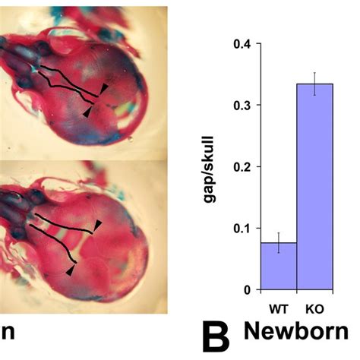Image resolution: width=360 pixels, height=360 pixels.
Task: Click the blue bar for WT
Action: click(278, 267)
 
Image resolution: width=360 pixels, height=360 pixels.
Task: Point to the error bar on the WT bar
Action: click(278, 243)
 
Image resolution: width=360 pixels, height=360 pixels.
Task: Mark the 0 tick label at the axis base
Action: click(247, 290)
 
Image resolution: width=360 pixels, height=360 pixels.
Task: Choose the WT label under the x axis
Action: click(278, 310)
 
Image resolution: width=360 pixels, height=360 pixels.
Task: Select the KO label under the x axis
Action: click(314, 310)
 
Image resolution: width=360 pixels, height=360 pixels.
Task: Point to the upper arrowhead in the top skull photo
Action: click(105, 90)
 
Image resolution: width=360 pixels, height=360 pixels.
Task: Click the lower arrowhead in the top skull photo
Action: click(87, 112)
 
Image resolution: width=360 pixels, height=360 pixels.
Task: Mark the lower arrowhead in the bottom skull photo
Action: click(70, 270)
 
